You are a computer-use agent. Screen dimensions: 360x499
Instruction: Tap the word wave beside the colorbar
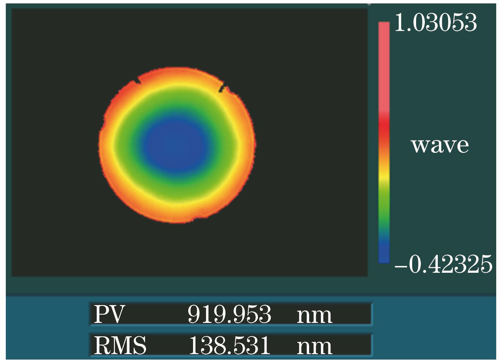click(440, 146)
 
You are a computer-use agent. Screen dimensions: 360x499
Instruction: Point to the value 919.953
click(229, 315)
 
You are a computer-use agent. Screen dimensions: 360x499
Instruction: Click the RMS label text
click(120, 346)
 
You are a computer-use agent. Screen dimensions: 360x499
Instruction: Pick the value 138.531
click(229, 346)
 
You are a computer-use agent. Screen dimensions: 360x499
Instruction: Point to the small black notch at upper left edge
click(137, 81)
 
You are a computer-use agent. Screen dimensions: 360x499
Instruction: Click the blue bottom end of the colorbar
click(384, 255)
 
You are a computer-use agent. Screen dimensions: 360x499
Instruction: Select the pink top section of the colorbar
click(384, 59)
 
